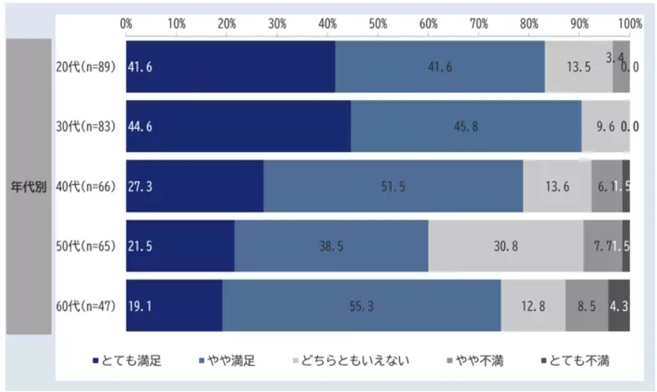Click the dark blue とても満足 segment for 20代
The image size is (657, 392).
coord(230,66)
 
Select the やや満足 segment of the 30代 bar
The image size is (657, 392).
coord(466,126)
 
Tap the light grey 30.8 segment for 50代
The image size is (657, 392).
coord(506,245)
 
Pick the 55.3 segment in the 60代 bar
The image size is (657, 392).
coord(361,305)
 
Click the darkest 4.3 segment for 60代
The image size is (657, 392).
coord(619,305)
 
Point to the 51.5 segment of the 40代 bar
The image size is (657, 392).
coord(393,186)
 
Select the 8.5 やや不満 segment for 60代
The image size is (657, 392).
coord(586,305)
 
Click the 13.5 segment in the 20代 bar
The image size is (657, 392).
coord(579,66)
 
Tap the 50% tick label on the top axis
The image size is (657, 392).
coord(378,23)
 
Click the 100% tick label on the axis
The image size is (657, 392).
coord(629,23)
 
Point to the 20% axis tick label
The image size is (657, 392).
coord(226,23)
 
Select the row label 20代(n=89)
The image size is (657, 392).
coord(86,66)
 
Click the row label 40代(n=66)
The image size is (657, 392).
coord(86,186)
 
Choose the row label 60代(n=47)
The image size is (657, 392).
coord(86,305)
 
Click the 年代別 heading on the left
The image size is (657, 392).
coord(29,186)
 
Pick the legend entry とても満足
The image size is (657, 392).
coord(131,361)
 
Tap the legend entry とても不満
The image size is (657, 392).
coord(579,361)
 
